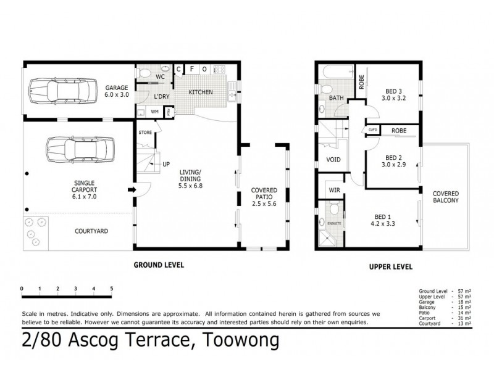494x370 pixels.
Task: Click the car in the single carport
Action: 80,149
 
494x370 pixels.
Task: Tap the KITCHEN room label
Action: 201,92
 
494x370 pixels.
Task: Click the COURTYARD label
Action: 91,231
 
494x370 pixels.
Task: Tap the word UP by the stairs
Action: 166,165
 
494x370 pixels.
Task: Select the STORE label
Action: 146,132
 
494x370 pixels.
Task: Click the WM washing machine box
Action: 154,112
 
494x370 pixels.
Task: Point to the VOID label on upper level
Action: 333,158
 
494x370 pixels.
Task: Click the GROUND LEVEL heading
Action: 159,265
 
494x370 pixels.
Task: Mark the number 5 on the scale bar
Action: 112,289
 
